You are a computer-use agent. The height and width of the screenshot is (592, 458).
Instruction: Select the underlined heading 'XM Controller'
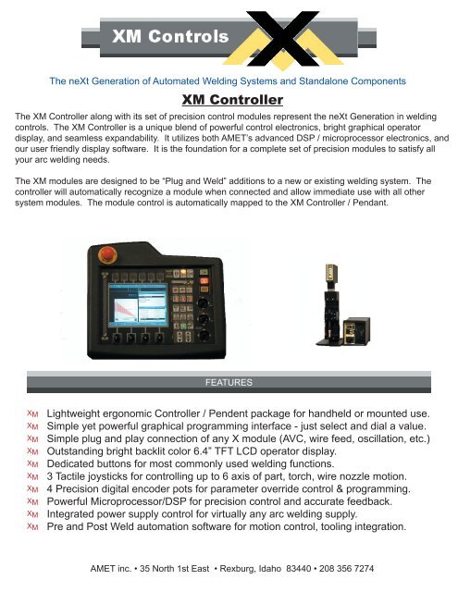[x=229, y=99]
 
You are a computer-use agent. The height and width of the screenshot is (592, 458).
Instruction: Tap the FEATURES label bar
[x=229, y=381]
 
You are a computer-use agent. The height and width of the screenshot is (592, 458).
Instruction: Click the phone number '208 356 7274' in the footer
[x=350, y=567]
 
